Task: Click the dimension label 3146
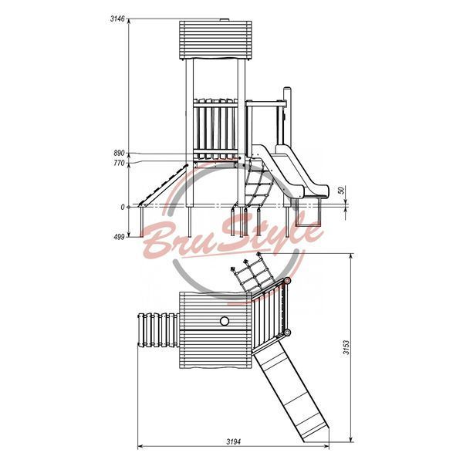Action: (x=117, y=19)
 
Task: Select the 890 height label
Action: (x=119, y=154)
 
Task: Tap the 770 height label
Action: (x=119, y=163)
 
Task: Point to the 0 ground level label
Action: (x=123, y=208)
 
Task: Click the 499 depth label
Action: (x=119, y=237)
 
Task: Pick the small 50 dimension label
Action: (x=342, y=191)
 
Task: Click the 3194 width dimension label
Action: (x=233, y=441)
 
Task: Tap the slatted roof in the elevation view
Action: (x=215, y=40)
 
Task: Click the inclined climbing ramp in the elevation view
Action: (x=164, y=186)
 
